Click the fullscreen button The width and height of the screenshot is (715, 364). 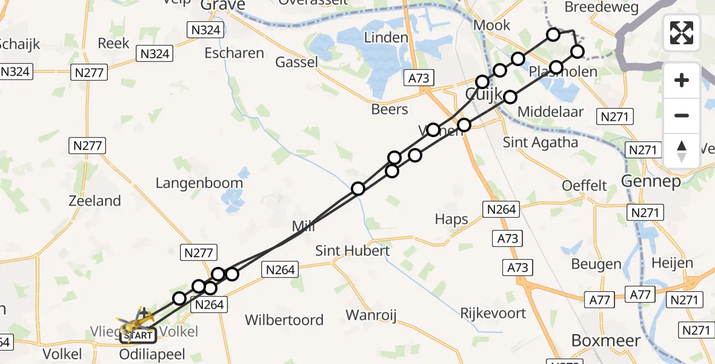682,32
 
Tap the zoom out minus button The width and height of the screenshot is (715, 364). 682,115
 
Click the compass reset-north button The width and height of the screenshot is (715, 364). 682,151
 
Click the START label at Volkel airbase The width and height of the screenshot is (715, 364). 138,335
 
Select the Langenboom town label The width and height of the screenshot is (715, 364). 199,183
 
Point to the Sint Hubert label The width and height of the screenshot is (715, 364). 353,250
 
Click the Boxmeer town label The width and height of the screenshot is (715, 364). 606,340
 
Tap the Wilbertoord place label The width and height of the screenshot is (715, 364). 284,320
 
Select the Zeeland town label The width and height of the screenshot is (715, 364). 95,200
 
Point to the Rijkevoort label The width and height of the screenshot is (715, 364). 493,314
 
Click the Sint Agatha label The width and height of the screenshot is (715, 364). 540,143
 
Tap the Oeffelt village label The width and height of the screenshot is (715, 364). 585,185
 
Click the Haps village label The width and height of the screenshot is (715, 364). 451,219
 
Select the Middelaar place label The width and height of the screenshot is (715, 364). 551,112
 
